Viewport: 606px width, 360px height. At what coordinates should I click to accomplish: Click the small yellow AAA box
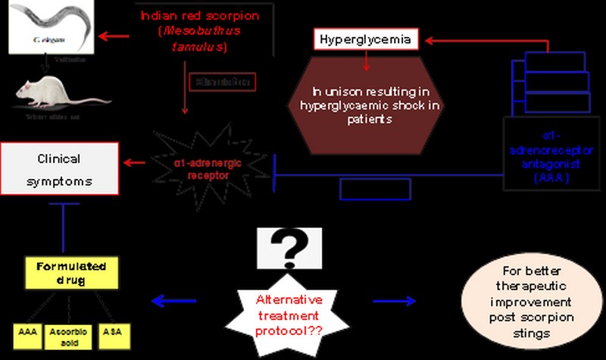pos(28,336)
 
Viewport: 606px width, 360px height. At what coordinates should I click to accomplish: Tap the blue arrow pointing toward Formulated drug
pos(173,302)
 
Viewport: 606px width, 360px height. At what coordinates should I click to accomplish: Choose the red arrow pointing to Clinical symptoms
pos(137,161)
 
